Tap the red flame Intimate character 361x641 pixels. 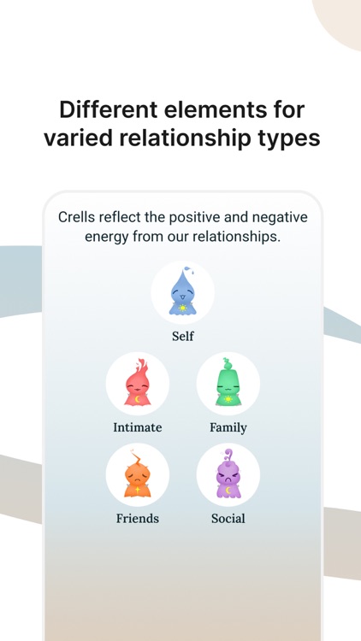137,384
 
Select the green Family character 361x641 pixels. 228,384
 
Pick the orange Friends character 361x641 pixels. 137,474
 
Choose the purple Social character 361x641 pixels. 228,474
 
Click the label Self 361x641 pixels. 182,336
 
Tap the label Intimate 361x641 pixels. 137,427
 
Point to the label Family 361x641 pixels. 228,427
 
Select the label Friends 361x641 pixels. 137,518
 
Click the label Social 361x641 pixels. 228,518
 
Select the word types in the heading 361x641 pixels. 287,139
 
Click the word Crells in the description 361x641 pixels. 80,217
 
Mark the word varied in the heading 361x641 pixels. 78,138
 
